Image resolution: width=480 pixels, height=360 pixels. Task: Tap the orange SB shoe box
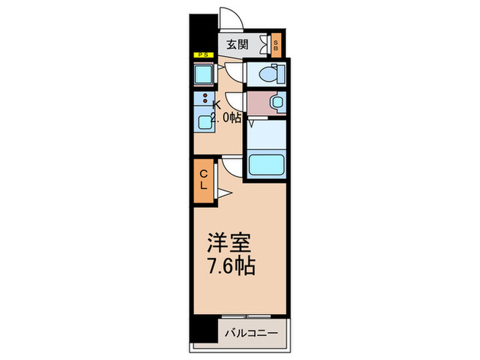click(x=276, y=46)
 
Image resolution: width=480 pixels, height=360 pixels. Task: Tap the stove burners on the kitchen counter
click(x=206, y=99)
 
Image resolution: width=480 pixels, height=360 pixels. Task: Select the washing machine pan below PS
click(x=203, y=73)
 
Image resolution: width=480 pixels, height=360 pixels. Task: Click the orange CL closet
click(x=204, y=179)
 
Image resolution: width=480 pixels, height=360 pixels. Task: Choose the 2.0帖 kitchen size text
click(x=226, y=117)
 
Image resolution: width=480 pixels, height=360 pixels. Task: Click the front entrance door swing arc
click(x=228, y=18)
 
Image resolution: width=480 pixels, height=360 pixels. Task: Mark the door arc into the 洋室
click(x=231, y=165)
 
